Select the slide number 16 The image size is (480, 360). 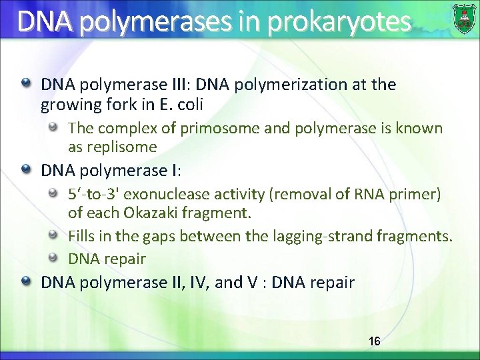coord(375,341)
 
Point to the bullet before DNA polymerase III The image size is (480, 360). coord(25,84)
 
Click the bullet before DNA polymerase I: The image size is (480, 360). coord(25,170)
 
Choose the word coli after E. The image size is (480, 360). coord(189,105)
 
